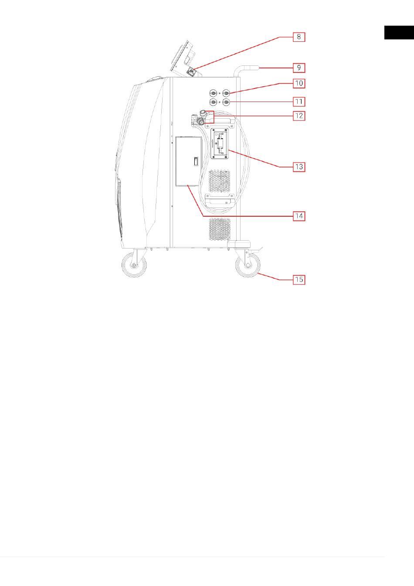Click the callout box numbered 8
(299, 37)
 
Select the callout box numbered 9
(299, 68)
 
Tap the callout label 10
(299, 83)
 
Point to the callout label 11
(299, 102)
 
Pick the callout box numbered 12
(299, 116)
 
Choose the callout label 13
(299, 167)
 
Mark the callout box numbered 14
(299, 216)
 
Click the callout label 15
(299, 279)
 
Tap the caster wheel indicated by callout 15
(248, 265)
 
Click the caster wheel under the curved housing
(134, 265)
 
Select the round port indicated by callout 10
(226, 93)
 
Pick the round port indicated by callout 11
(226, 102)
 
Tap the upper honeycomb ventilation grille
(220, 181)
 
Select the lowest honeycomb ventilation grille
(220, 229)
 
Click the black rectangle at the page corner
(399, 33)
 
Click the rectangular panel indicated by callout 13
(220, 143)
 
